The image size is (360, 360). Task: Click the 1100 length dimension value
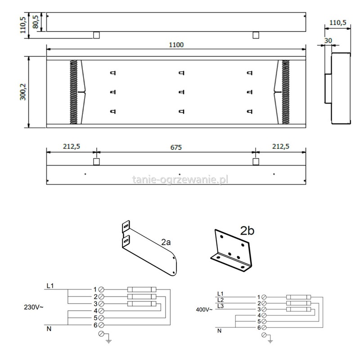pos(176,45)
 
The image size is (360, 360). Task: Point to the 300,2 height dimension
pos(23,92)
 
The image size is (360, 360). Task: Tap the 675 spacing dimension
pos(176,147)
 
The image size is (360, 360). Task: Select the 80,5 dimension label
pos(36,22)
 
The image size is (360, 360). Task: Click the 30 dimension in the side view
pos(328,40)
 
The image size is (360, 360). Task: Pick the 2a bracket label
pos(166,242)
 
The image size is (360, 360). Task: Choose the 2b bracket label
pos(247,230)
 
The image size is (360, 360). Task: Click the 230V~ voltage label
pos(33,307)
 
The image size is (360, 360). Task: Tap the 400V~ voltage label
pos(204,310)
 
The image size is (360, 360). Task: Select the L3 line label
pos(220,306)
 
